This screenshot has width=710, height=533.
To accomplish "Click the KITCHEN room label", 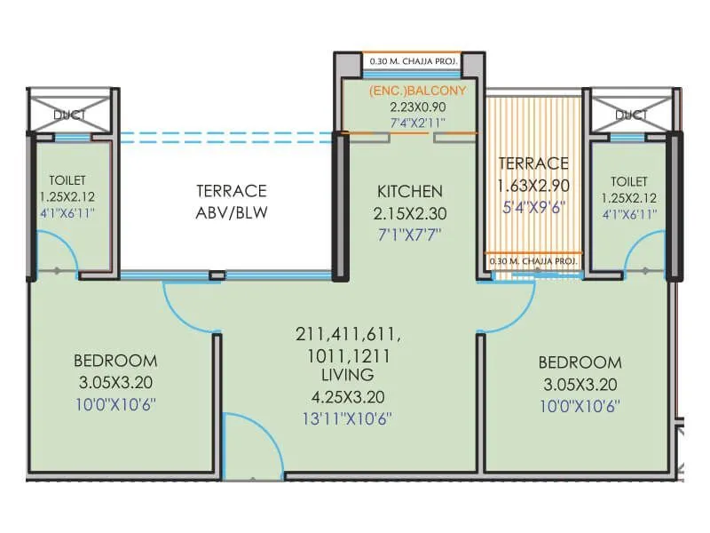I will point(409,191).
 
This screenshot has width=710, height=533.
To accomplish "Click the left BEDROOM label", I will point(115,361).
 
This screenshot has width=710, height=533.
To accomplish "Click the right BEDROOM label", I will point(580,362).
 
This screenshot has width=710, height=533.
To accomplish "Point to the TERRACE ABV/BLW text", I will point(231,202).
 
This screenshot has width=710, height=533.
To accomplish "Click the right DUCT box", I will point(631,112).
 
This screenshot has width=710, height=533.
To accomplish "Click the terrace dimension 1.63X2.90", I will point(532,186).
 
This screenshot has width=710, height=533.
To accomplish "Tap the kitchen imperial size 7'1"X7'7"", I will point(409,235).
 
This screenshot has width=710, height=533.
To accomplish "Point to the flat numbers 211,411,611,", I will point(348,335).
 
